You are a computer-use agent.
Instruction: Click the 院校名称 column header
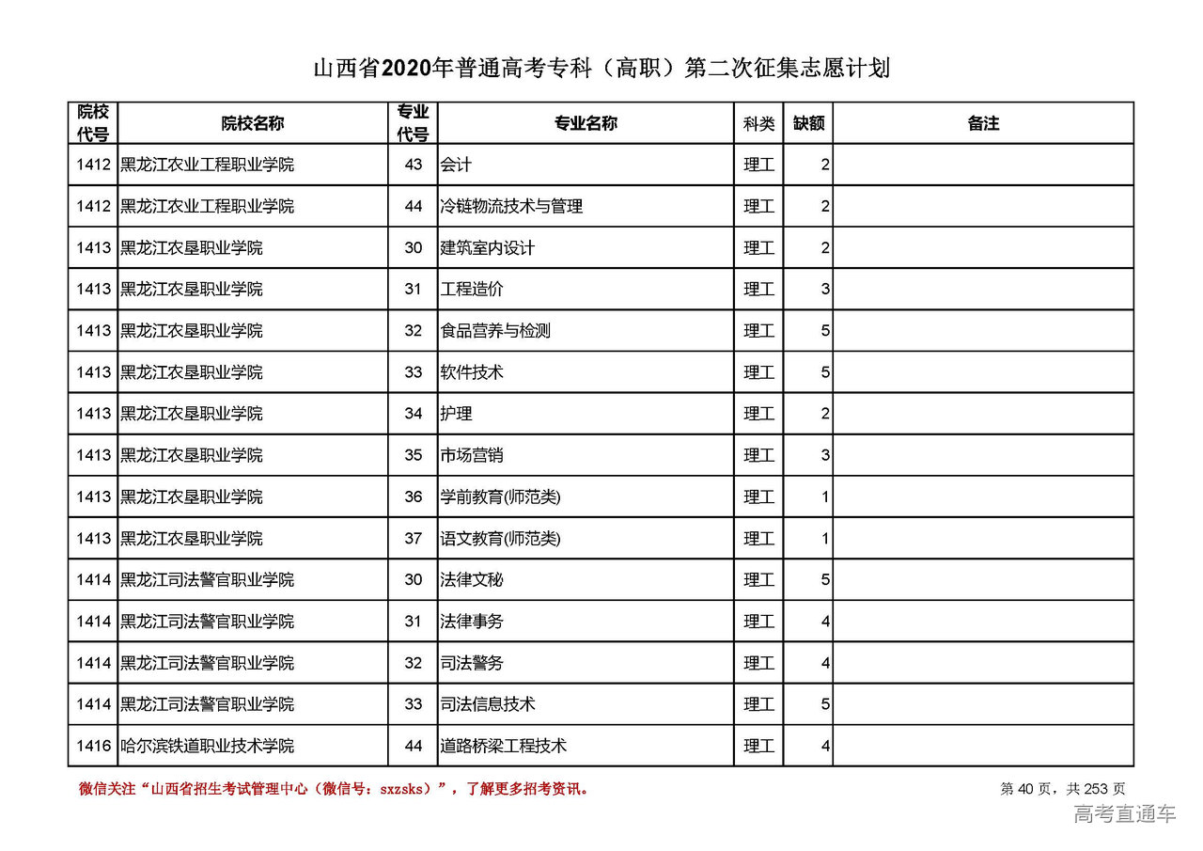(252, 123)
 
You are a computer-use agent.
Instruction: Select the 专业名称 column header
(585, 123)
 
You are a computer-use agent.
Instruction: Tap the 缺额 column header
(808, 123)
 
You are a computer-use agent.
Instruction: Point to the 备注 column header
(982, 123)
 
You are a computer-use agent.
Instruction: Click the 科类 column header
(758, 123)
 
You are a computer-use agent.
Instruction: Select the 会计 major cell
(456, 165)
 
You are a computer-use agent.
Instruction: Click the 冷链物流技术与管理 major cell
(511, 206)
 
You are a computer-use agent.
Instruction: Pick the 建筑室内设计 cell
(487, 248)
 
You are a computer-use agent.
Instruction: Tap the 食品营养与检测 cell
(495, 331)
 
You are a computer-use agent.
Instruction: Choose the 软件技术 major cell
(472, 372)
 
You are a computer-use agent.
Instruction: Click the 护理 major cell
(456, 414)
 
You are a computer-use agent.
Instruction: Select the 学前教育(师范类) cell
(500, 496)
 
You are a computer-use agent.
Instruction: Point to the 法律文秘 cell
(472, 579)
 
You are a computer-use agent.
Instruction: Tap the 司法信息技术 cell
(487, 704)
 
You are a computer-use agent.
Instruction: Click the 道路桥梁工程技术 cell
(503, 746)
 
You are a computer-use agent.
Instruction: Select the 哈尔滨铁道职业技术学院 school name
(207, 746)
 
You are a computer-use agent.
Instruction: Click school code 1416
(94, 746)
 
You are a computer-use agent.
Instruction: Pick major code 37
(414, 538)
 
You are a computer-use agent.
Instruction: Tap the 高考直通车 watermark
(1124, 814)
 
